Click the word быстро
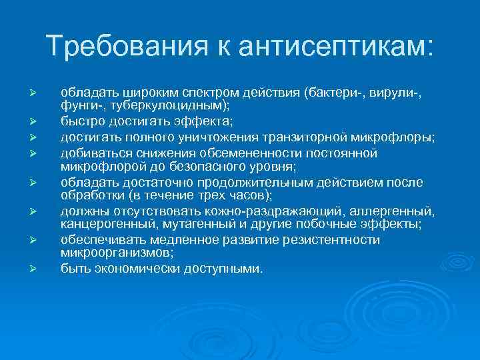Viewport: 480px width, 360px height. (78, 122)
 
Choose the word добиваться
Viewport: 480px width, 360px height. (89, 153)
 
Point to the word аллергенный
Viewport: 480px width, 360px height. (395, 212)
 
